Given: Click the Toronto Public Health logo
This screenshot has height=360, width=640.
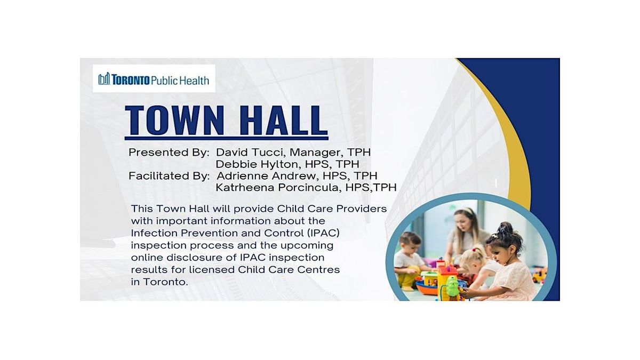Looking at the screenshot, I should click(x=154, y=79).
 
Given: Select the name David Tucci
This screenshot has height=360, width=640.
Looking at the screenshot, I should click(x=250, y=152).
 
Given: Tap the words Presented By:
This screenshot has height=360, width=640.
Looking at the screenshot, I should click(x=169, y=152).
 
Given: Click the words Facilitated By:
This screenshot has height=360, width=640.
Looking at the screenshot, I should click(x=169, y=175).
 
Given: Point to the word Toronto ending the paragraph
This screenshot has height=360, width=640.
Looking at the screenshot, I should click(x=166, y=282).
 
